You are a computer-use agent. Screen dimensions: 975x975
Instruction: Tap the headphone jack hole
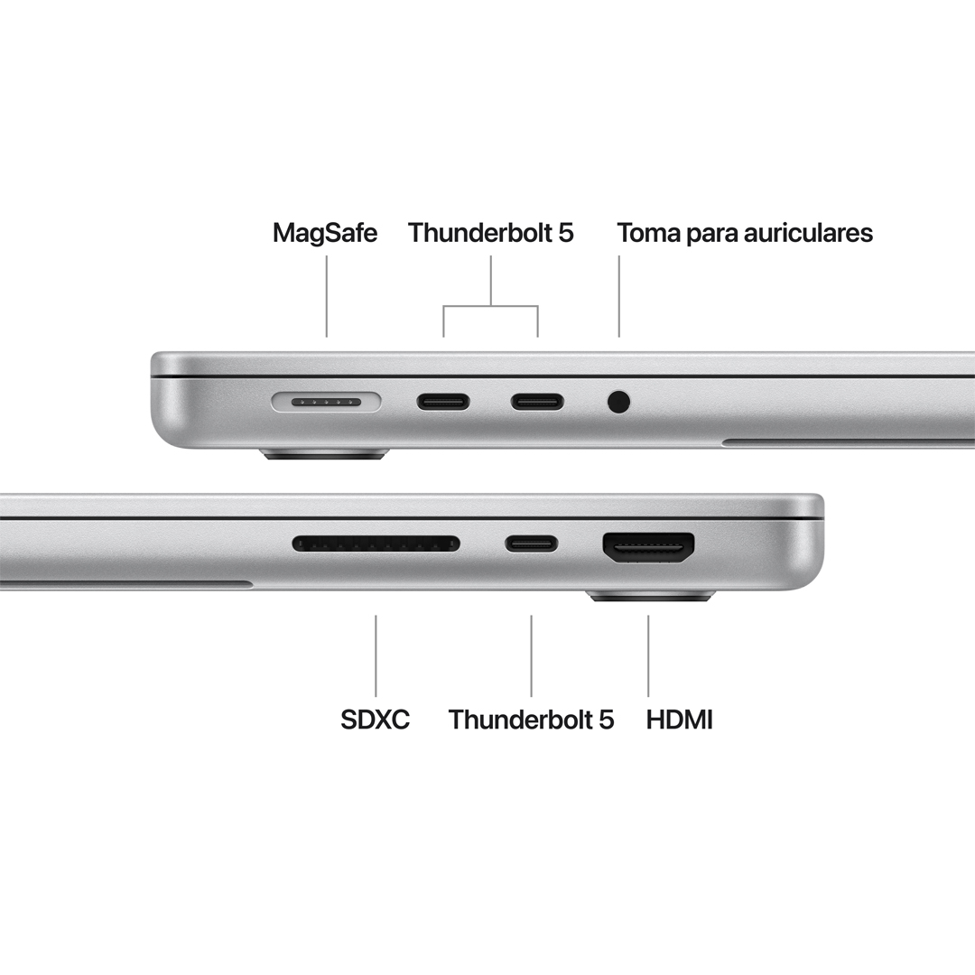(x=618, y=401)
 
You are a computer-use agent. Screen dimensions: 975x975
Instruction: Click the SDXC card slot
(x=376, y=543)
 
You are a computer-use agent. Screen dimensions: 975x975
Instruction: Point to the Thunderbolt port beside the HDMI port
(x=531, y=543)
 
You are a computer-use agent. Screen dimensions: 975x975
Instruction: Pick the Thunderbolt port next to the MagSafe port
(x=443, y=401)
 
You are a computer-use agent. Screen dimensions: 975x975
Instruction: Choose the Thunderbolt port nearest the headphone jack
(x=537, y=401)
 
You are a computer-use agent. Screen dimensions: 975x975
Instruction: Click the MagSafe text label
(x=325, y=233)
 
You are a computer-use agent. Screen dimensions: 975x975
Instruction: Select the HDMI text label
(x=680, y=720)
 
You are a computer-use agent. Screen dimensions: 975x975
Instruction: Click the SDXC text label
(x=375, y=720)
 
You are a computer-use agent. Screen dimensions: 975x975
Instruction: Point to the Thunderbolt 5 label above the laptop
(x=490, y=233)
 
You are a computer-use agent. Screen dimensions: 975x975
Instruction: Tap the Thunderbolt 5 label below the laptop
(x=531, y=720)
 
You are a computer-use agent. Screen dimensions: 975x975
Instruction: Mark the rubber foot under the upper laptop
(x=325, y=453)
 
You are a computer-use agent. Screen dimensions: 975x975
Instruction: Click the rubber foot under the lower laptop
(x=650, y=597)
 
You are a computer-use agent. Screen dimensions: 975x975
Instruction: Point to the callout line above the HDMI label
(x=648, y=655)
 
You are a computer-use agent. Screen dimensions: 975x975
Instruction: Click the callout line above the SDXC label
(x=376, y=655)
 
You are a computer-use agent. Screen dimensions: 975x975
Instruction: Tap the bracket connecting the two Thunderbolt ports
(x=490, y=306)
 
